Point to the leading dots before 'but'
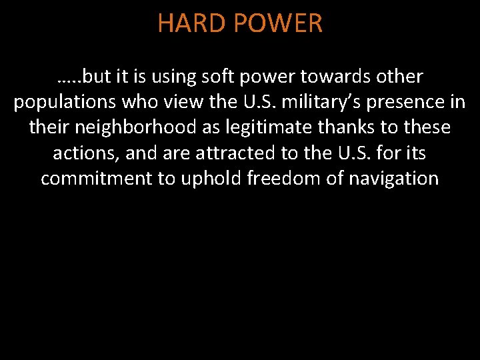pos(70,79)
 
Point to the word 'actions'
pos(85,153)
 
